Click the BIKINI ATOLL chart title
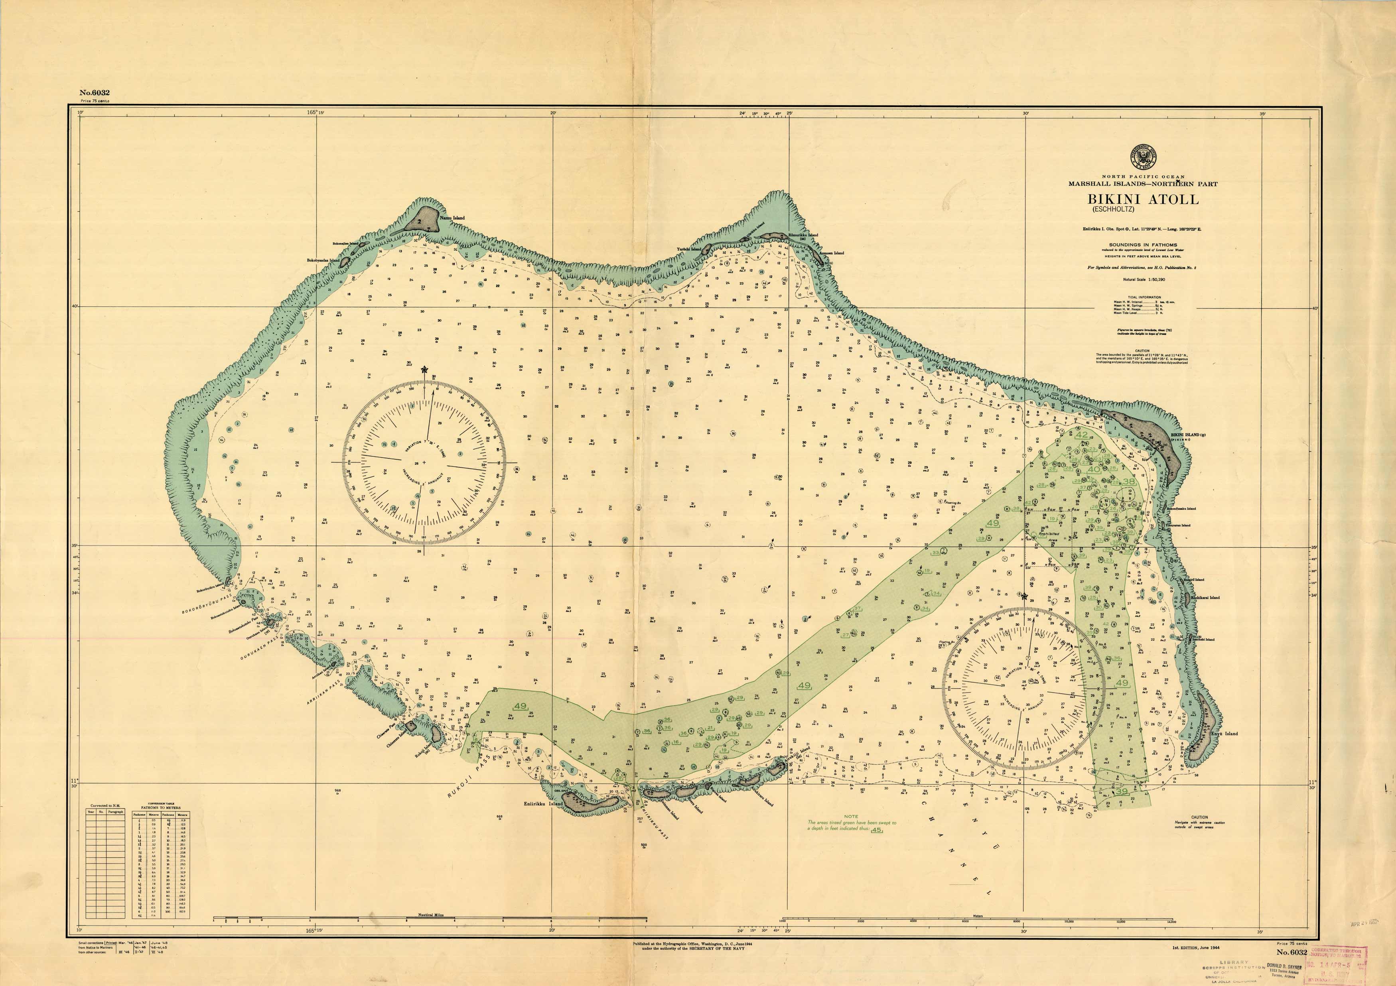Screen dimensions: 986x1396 [1143, 199]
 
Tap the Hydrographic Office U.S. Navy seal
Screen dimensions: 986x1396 [1143, 157]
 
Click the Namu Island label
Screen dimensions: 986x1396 [452, 218]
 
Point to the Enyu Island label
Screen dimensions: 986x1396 [1223, 734]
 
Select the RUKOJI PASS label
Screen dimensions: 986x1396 [468, 777]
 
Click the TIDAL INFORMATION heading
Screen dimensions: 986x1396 [1144, 297]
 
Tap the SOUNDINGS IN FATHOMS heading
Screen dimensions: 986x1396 [1143, 244]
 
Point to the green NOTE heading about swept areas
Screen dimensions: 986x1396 [851, 817]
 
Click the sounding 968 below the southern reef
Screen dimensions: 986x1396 [337, 791]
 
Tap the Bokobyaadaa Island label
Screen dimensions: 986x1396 [323, 260]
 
